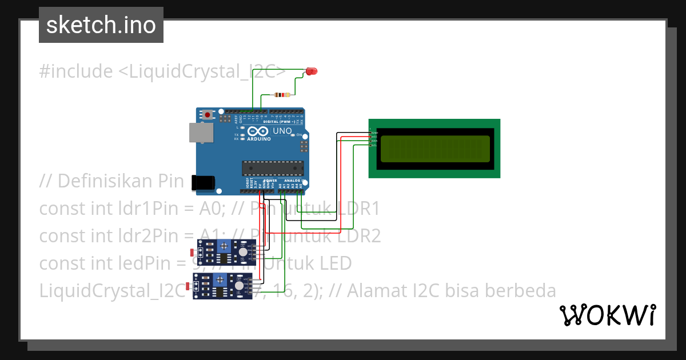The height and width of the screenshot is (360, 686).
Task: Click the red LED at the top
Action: pyautogui.click(x=311, y=71)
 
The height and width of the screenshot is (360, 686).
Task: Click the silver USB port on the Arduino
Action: pyautogui.click(x=202, y=133)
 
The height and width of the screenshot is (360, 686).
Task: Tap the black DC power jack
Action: pyautogui.click(x=204, y=182)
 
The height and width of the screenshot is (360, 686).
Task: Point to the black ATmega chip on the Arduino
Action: pyautogui.click(x=272, y=167)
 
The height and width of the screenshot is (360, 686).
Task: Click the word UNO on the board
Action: pyautogui.click(x=282, y=131)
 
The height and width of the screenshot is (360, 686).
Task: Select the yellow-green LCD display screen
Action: pyautogui.click(x=434, y=148)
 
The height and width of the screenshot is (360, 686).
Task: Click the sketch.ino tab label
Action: pyautogui.click(x=101, y=25)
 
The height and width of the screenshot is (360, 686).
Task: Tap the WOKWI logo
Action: pyautogui.click(x=607, y=315)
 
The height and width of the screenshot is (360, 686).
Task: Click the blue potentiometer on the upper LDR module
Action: pyautogui.click(x=225, y=247)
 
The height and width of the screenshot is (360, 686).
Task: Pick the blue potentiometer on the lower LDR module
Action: pyautogui.click(x=220, y=280)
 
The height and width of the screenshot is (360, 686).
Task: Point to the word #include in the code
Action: pyautogui.click(x=76, y=71)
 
